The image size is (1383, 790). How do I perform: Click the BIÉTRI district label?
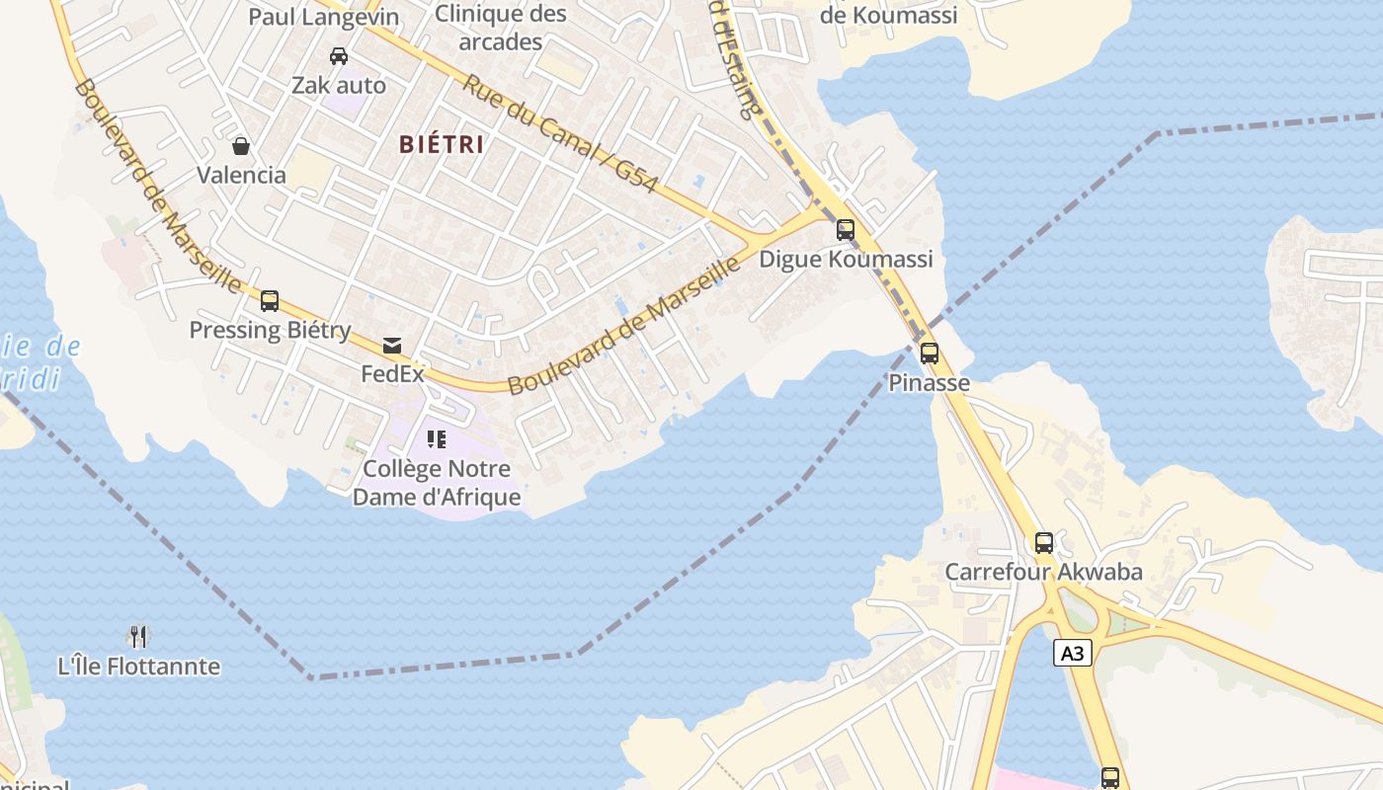(x=442, y=144)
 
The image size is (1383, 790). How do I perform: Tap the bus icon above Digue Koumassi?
(x=846, y=230)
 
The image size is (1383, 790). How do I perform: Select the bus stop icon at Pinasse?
(x=929, y=354)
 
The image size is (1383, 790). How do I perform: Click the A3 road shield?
(x=1073, y=653)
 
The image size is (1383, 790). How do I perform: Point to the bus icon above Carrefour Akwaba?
(x=1044, y=542)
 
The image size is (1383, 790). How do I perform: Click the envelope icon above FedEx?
(x=392, y=345)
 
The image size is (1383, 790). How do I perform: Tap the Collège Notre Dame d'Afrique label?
(x=437, y=483)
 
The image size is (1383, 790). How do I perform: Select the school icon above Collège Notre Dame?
(x=437, y=438)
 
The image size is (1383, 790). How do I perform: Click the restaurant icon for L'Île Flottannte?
(x=138, y=637)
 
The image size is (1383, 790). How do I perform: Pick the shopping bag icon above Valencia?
(x=241, y=146)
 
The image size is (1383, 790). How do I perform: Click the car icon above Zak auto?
(x=339, y=56)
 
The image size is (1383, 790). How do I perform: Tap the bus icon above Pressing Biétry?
(x=270, y=301)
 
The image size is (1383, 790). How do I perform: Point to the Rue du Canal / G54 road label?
(x=559, y=133)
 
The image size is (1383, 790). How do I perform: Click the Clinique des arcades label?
(x=501, y=28)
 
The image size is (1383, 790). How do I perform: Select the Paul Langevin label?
(x=324, y=17)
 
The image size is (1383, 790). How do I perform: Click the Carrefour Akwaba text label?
(x=1043, y=572)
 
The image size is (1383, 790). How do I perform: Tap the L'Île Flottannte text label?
(x=139, y=667)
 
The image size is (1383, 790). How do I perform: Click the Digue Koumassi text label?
(x=846, y=260)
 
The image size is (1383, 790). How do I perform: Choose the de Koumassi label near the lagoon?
(x=888, y=15)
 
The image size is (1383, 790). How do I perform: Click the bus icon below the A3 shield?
(x=1110, y=777)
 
